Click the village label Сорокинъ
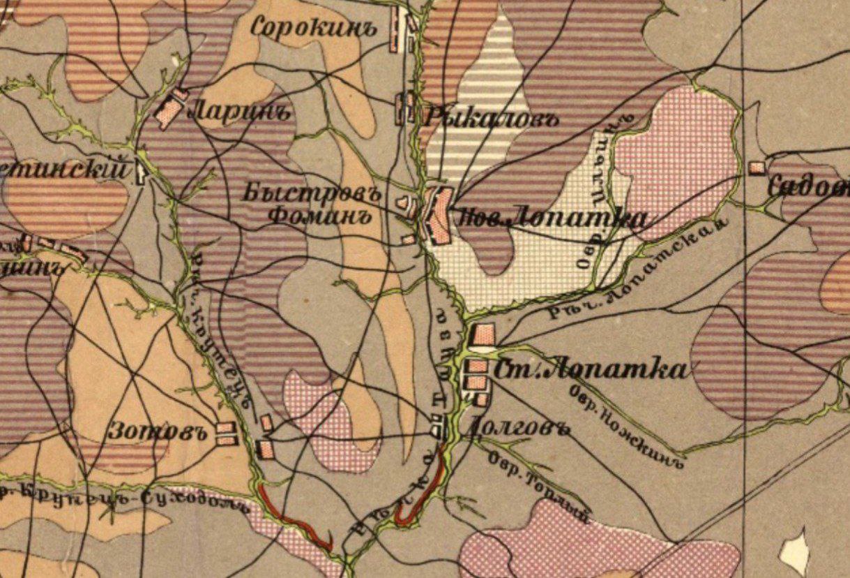pos(313,29)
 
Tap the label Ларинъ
pos(238,111)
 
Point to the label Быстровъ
pos(311,193)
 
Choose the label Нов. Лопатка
pos(551,218)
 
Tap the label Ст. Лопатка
pos(589,369)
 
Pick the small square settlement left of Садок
pos(756,168)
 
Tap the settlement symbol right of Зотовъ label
pos(225,433)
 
